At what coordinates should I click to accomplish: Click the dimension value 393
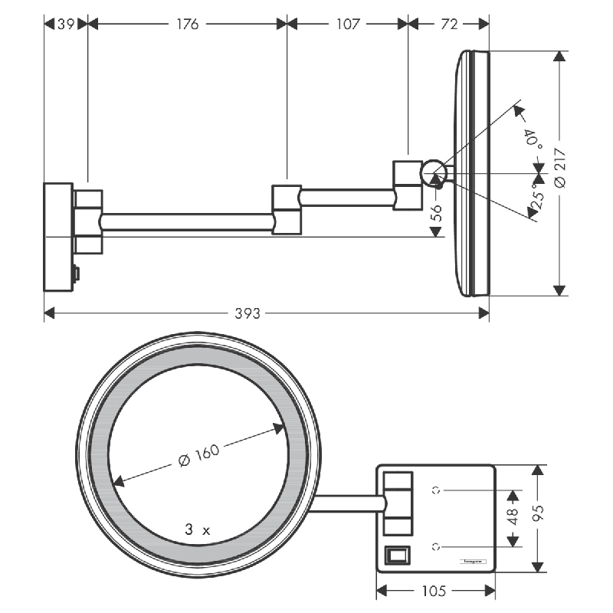pyautogui.click(x=247, y=313)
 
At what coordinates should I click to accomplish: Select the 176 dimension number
pyautogui.click(x=187, y=24)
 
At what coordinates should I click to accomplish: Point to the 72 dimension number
pyautogui.click(x=449, y=24)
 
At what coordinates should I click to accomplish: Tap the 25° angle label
pyautogui.click(x=538, y=199)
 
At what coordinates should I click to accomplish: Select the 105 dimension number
pyautogui.click(x=436, y=591)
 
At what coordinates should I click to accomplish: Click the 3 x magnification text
pyautogui.click(x=197, y=529)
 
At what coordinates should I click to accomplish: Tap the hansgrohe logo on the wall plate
pyautogui.click(x=471, y=562)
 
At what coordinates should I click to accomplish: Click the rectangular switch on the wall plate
pyautogui.click(x=396, y=554)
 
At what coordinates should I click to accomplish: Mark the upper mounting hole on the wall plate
pyautogui.click(x=436, y=489)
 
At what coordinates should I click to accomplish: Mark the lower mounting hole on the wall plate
pyautogui.click(x=436, y=546)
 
